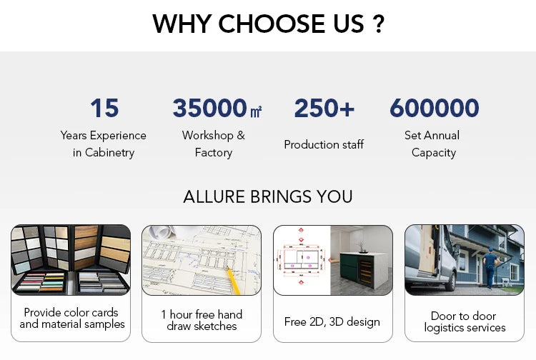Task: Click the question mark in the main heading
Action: (378, 24)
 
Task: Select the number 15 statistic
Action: (104, 109)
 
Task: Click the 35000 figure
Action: (209, 109)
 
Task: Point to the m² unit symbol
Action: (256, 111)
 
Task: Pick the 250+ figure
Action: (324, 109)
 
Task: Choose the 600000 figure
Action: (434, 109)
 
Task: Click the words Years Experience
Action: (103, 136)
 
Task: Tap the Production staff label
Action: (324, 144)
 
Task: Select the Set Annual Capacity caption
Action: (433, 144)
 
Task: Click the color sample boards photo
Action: (71, 260)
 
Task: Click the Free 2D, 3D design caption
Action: (332, 322)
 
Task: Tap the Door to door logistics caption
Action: (465, 322)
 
